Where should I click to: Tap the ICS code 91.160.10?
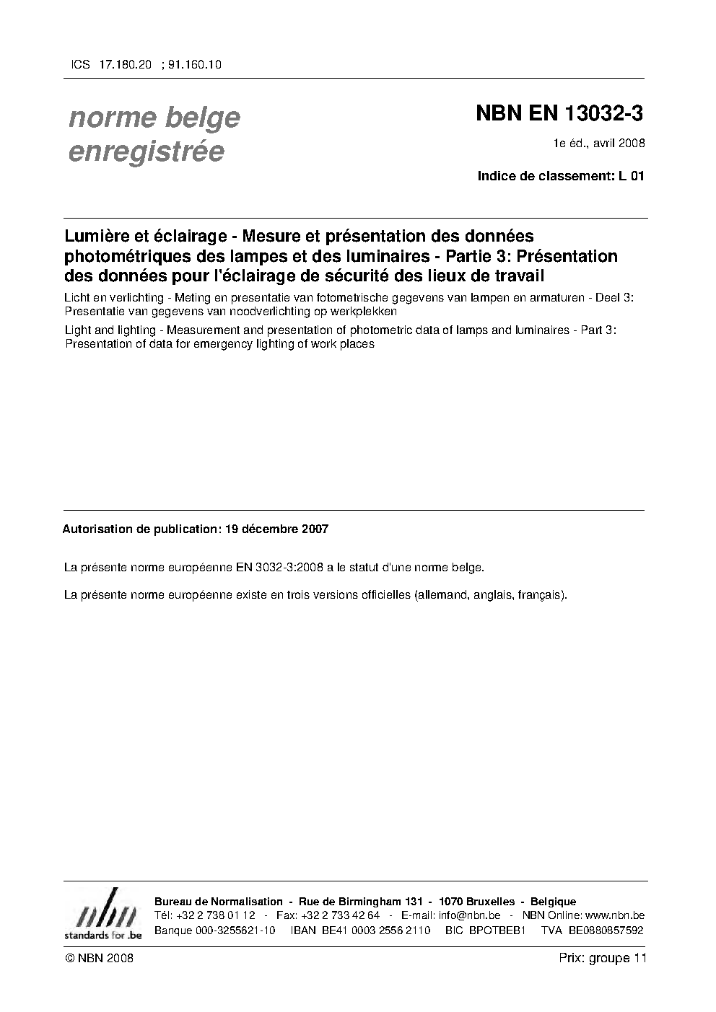click(x=194, y=64)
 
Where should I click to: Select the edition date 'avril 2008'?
click(x=621, y=143)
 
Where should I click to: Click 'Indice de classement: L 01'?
click(x=560, y=175)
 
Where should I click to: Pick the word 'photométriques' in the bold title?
click(x=127, y=256)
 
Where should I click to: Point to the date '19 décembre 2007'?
click(x=276, y=529)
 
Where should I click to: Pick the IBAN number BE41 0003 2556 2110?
click(x=359, y=930)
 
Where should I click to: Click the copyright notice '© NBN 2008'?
click(x=98, y=958)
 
